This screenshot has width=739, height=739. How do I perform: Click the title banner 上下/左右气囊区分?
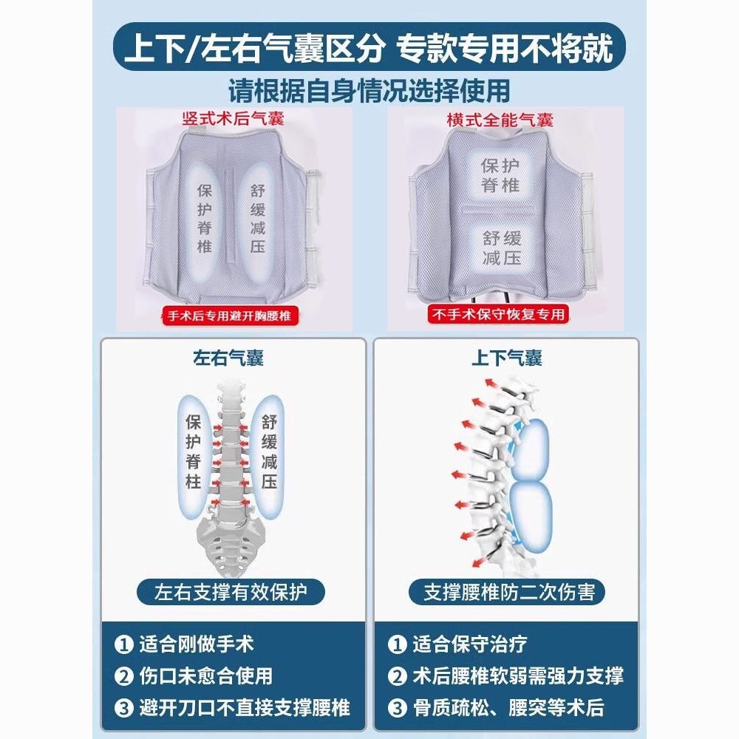coord(369,47)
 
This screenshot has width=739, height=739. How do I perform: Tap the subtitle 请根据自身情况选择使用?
coord(369,90)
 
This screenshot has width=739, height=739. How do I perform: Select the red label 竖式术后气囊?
coord(233,118)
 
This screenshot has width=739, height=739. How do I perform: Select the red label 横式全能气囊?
coord(500,120)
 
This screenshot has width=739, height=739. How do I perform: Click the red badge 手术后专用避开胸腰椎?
coord(230,316)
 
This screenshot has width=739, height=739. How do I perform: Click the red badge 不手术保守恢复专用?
coord(498,314)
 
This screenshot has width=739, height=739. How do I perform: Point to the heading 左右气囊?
coord(228,358)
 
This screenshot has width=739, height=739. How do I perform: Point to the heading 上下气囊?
coord(507,358)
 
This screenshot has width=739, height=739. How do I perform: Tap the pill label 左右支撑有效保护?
coord(231,592)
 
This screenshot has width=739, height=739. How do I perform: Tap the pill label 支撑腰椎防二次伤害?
coord(506,592)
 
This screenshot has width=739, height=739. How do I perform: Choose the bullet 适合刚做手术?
coord(184,644)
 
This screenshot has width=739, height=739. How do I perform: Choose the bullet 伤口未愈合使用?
coord(194,676)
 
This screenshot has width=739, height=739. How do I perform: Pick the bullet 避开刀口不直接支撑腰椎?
coord(232,707)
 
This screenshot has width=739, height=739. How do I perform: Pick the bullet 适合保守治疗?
coord(457,644)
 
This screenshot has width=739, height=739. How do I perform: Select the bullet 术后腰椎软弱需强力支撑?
coord(505,676)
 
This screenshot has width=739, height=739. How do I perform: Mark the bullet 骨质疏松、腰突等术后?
coord(497,707)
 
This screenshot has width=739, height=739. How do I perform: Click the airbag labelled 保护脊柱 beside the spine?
coord(194,451)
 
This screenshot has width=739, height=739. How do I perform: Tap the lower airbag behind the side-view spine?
coord(531,517)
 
